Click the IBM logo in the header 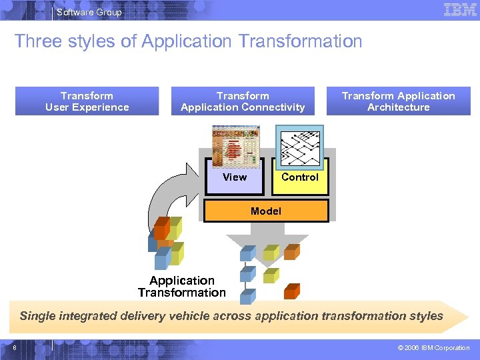460,10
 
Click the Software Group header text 89,12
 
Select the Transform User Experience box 87,101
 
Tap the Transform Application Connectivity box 243,101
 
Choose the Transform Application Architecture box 398,101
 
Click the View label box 235,177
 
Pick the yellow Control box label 300,177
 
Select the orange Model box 266,211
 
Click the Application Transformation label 182,287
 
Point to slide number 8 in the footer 14,347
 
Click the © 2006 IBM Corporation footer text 433,348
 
